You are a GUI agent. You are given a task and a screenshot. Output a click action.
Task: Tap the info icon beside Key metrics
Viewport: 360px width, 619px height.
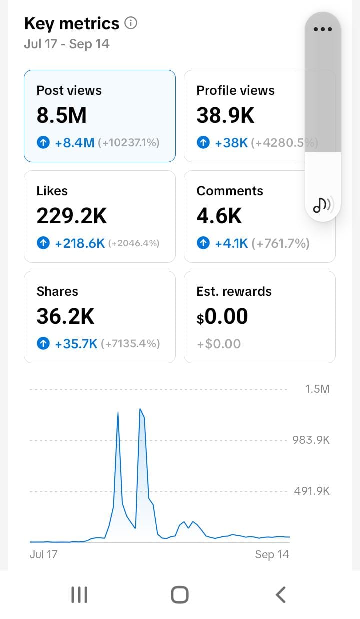pyautogui.click(x=131, y=23)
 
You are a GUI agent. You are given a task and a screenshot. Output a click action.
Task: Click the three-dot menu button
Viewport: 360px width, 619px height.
pyautogui.click(x=322, y=29)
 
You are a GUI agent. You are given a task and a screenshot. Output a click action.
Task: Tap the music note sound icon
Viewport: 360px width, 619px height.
pyautogui.click(x=322, y=205)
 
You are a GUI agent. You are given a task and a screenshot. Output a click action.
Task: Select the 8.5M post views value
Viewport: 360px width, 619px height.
pyautogui.click(x=61, y=115)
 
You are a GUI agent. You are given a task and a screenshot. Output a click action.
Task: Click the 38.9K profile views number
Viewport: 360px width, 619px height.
pyautogui.click(x=225, y=115)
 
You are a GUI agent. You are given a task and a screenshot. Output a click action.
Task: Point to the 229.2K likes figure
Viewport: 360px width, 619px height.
pyautogui.click(x=72, y=216)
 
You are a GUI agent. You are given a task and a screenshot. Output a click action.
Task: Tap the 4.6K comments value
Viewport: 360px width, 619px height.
pyautogui.click(x=219, y=216)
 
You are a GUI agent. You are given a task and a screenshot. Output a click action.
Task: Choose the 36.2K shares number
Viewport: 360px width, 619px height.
pyautogui.click(x=66, y=316)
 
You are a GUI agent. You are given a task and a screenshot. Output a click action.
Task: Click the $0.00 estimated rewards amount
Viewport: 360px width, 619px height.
pyautogui.click(x=222, y=316)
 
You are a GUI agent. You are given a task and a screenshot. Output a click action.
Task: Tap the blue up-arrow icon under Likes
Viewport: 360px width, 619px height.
pyautogui.click(x=43, y=243)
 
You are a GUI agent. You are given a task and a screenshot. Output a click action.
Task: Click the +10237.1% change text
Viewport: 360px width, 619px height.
pyautogui.click(x=129, y=143)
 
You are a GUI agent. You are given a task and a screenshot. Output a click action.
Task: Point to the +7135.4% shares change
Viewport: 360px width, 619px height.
pyautogui.click(x=130, y=344)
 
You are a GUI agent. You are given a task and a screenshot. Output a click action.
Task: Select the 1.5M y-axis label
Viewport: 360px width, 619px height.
pyautogui.click(x=317, y=389)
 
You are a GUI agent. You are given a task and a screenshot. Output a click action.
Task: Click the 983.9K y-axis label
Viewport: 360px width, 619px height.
pyautogui.click(x=311, y=440)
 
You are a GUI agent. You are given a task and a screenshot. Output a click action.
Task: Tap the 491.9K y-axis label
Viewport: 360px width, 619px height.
pyautogui.click(x=312, y=491)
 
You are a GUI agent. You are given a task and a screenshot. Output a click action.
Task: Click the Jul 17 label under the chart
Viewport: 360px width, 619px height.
pyautogui.click(x=43, y=554)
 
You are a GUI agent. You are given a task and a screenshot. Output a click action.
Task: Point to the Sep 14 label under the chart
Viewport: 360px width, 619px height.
pyautogui.click(x=272, y=554)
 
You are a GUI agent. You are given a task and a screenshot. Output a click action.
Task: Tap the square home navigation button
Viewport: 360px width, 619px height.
pyautogui.click(x=180, y=594)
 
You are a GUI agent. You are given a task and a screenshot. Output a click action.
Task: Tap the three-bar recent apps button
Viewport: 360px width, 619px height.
pyautogui.click(x=79, y=594)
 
